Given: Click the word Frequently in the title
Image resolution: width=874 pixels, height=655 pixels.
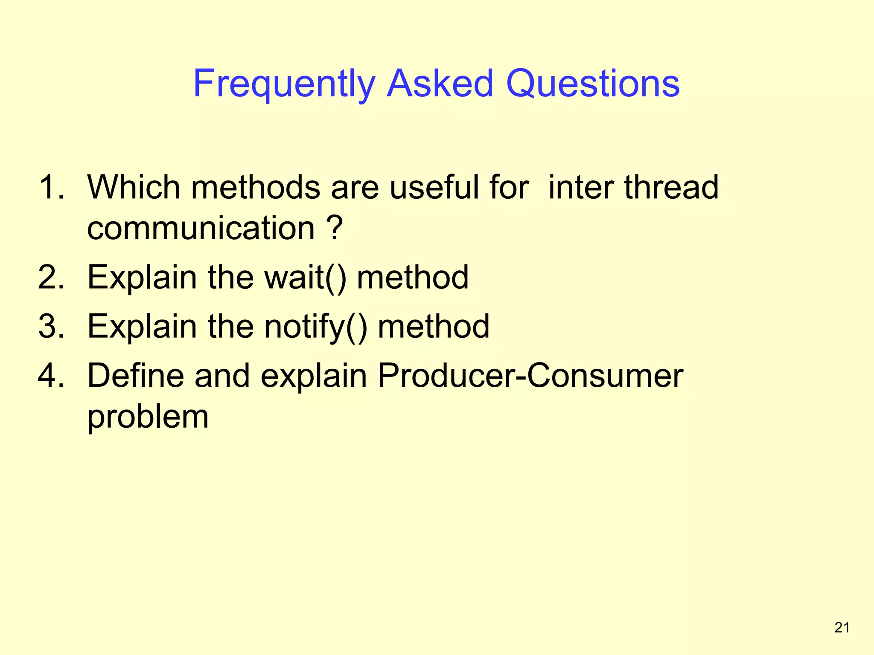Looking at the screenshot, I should (284, 84).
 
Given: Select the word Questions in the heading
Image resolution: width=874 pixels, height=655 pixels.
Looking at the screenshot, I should (592, 84).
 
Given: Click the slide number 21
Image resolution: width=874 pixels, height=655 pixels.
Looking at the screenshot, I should (842, 627).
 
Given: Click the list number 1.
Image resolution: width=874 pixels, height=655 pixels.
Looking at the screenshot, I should (51, 187).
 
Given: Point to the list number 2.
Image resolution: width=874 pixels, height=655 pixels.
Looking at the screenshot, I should (51, 277).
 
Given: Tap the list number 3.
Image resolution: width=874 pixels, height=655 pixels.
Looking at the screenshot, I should (51, 326).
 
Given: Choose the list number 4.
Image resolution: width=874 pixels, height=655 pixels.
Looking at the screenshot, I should (51, 375).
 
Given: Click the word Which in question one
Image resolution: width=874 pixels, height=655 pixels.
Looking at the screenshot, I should (134, 187).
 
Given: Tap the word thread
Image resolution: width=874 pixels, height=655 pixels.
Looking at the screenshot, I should (671, 187).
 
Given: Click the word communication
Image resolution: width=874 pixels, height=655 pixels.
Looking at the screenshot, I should (201, 228).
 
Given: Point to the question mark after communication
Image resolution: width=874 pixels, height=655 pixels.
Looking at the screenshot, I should (336, 228).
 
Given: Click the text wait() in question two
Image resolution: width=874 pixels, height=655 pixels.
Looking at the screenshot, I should (305, 278).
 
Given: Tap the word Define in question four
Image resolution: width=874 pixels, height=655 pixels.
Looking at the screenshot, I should (135, 375).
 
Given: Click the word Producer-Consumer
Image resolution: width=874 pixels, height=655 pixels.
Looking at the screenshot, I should (530, 375).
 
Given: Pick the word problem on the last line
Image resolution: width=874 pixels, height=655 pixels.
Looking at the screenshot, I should (148, 417).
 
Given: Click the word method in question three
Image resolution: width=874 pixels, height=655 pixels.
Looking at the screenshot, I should (433, 326).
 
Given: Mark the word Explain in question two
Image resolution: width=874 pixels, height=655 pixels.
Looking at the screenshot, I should (142, 278).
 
